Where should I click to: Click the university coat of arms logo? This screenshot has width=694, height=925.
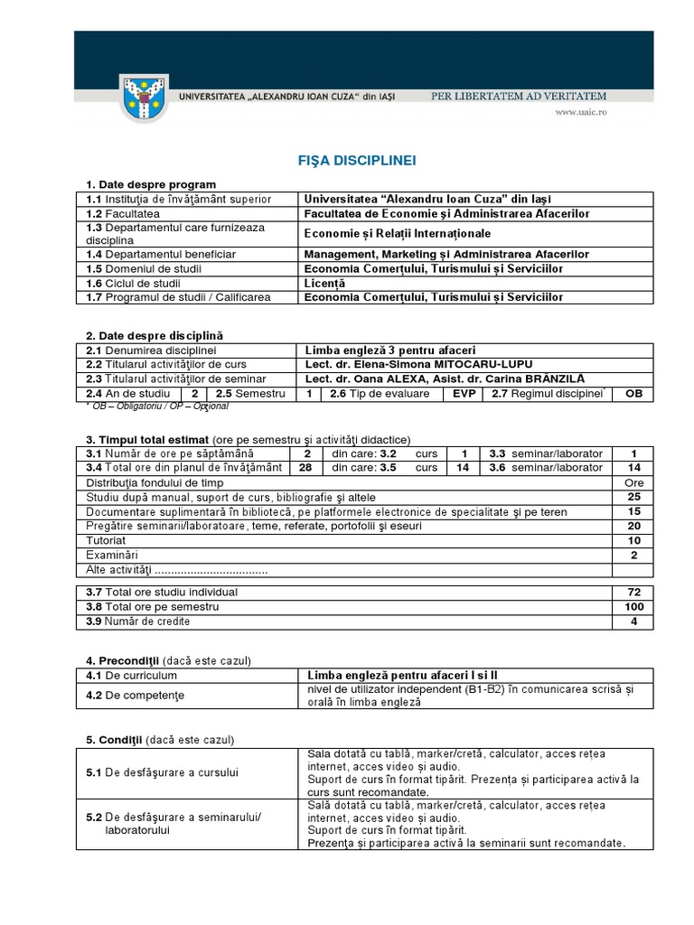coord(144,99)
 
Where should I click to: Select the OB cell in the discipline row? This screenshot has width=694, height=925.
coord(633,394)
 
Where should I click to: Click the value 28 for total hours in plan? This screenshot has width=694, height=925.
coord(306,468)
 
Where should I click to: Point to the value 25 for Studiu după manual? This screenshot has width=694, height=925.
coord(633,497)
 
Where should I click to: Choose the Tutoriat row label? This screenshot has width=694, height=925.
coord(107,540)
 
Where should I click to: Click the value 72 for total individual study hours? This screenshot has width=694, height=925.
coord(633,592)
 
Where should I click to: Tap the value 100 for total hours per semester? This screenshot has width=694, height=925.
coord(633,607)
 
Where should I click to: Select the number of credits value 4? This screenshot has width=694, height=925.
coord(633,621)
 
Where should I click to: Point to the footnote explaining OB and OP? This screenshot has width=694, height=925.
coord(157,406)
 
